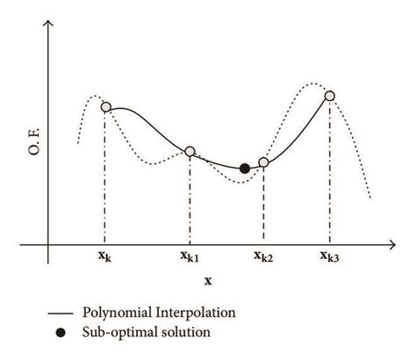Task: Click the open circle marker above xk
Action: pos(106,107)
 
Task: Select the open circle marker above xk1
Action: pos(190,151)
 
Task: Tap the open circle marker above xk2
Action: pos(263,162)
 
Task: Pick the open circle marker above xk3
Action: pos(330,96)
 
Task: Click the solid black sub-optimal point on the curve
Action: pos(245,168)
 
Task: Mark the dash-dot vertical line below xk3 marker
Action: pos(330,176)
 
